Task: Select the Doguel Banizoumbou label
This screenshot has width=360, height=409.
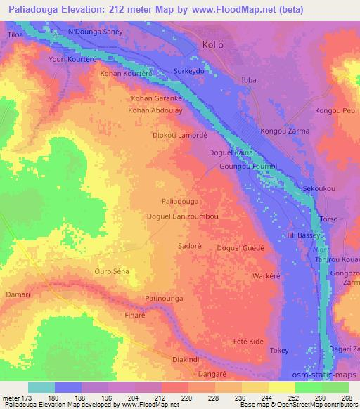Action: (x=181, y=217)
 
